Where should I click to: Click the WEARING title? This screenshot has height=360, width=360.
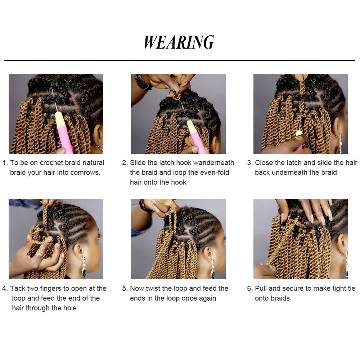[x=179, y=42]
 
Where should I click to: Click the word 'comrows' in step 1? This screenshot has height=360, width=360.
[x=85, y=172]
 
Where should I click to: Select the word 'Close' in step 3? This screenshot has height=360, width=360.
[x=264, y=163]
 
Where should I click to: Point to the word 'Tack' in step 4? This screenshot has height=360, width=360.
[x=17, y=288]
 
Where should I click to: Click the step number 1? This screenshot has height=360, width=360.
[x=5, y=163]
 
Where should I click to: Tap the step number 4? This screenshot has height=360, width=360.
[x=5, y=288]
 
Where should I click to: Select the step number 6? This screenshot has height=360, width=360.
[x=249, y=288]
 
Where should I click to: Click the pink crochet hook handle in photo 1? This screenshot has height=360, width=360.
[x=65, y=137]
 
